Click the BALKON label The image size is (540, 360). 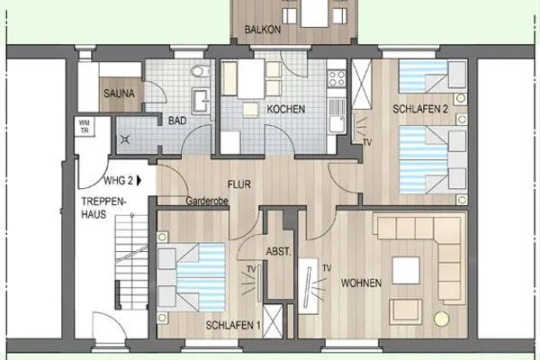coord(263,30)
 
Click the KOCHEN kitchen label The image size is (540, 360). coord(285,109)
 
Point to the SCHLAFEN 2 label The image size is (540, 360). coord(420,109)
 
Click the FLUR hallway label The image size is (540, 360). coord(239,185)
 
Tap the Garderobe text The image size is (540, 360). coord(207,202)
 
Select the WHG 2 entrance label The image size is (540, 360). coord(120,179)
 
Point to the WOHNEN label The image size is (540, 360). coord(361,283)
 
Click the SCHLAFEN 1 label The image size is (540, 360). coord(234,324)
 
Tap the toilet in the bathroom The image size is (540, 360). coord(200,71)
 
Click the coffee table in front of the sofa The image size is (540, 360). coord(407,270)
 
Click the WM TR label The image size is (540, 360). coord(85,125)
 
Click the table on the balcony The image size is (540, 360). coord(315,14)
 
